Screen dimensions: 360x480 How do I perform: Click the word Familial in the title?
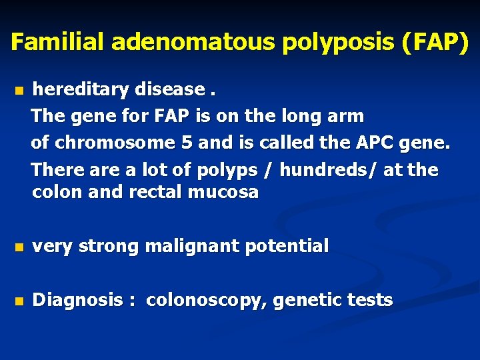(58, 43)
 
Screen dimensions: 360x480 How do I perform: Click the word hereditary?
(81, 89)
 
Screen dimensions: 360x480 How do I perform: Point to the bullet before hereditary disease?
(19, 90)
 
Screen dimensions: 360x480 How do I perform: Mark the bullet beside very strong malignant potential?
(19, 247)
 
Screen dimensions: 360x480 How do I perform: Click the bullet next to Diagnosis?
(19, 301)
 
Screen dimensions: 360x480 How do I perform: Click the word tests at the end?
(370, 301)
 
